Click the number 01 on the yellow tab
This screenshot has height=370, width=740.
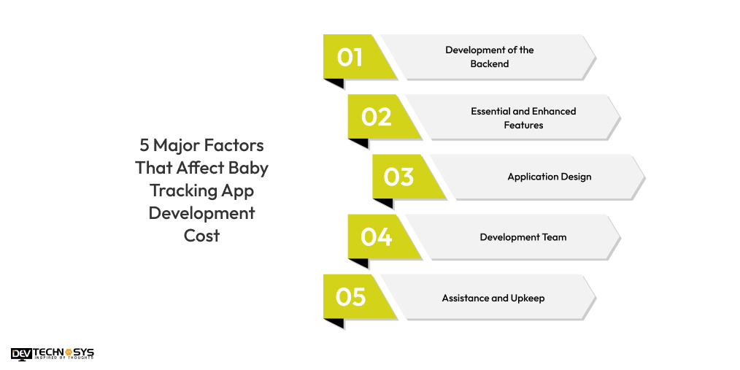(350, 57)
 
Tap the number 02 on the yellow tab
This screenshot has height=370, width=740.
(376, 117)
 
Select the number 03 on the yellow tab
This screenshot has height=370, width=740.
(399, 177)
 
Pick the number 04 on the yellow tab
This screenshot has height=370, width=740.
(376, 237)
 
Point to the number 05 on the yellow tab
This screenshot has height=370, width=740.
(350, 297)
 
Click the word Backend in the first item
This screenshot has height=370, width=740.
(490, 63)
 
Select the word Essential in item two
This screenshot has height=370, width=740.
(490, 112)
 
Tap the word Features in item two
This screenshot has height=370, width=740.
(523, 125)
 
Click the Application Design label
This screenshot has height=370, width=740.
(550, 177)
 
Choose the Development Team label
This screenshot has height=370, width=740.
(523, 237)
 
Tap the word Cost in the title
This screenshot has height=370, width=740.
(201, 236)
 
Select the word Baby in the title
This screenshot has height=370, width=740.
(249, 168)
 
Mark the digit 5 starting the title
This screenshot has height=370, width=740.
(144, 145)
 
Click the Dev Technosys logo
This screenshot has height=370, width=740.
(53, 354)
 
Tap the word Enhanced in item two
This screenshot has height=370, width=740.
(552, 112)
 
